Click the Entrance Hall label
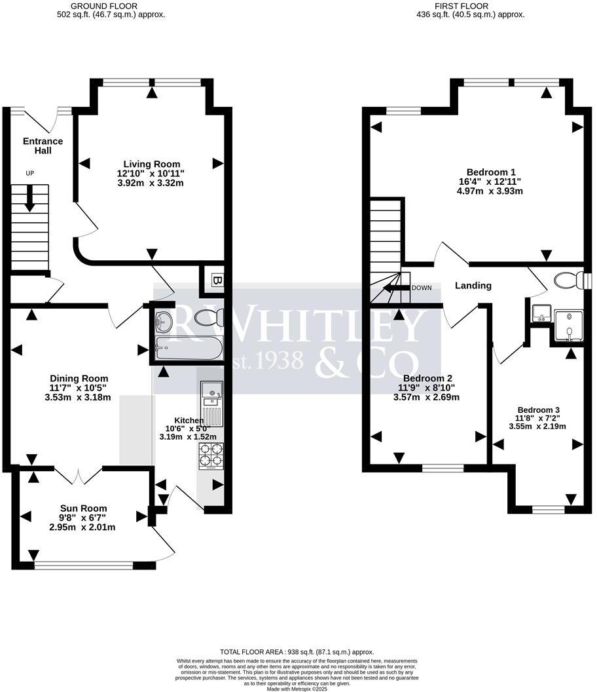coord(43,145)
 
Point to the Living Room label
coord(153,164)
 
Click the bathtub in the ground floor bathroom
coord(186,349)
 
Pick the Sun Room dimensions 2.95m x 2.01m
coord(83,528)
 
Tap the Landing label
coord(474,286)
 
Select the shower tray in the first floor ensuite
coord(569,325)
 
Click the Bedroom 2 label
coord(427,379)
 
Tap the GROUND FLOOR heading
coord(111,5)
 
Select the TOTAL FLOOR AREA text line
coord(297,652)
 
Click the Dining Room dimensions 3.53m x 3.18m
coord(78,397)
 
